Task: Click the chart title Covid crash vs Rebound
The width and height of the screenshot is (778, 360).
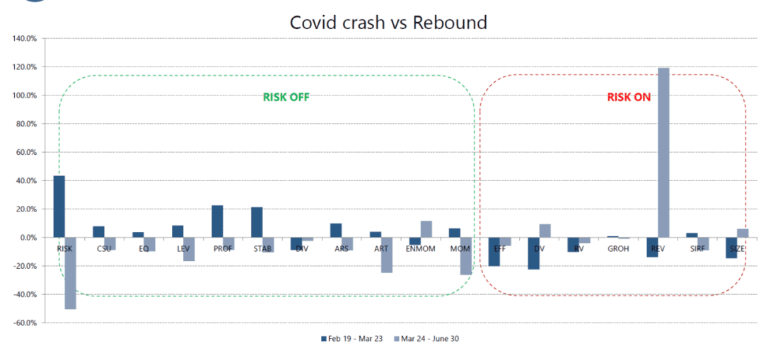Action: point(388,22)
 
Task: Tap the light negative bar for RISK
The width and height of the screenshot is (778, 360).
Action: point(70,273)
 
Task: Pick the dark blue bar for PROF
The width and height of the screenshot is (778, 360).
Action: point(217,221)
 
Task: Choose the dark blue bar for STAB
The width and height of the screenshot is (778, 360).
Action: point(257,222)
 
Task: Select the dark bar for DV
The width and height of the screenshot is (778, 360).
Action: point(533,253)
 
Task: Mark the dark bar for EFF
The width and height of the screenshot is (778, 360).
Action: point(494,252)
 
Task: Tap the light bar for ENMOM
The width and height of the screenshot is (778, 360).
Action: point(426,229)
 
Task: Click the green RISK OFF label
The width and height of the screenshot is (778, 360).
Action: point(286,98)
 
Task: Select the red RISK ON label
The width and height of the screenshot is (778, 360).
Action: point(629,98)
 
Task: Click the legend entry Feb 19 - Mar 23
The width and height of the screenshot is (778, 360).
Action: point(352,339)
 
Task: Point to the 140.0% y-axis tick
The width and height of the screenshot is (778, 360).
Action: point(25,39)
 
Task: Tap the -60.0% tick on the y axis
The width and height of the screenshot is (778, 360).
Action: point(25,323)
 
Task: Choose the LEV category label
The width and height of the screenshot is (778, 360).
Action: point(183,249)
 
